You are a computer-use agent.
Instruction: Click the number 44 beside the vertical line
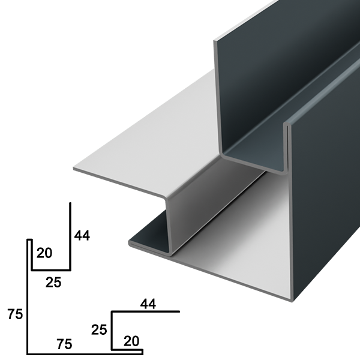pos(82,236)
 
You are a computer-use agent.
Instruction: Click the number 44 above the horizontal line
pos(148,304)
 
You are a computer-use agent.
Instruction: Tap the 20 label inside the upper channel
pos(44,253)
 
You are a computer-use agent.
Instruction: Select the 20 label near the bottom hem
pos(131,341)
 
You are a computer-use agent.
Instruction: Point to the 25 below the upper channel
pos(53,282)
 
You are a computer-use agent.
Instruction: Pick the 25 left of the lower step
pos(99,329)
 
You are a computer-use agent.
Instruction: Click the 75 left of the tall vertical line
pos(15,314)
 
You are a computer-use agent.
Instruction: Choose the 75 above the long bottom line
pos(64,344)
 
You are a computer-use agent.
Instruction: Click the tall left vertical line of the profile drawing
pos(28,296)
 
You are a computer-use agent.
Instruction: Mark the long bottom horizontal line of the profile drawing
pos(85,354)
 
